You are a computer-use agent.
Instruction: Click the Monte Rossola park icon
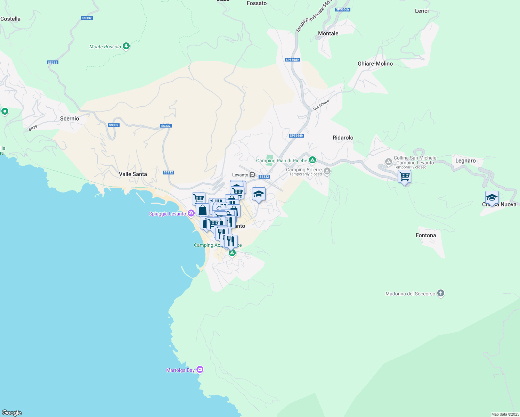tap(126, 46)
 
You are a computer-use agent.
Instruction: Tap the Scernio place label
tap(70, 118)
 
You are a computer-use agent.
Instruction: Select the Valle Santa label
tap(133, 174)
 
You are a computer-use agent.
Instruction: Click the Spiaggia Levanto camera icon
tap(191, 213)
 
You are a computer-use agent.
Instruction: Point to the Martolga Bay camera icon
tap(200, 370)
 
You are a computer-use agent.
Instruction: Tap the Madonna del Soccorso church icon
tap(441, 293)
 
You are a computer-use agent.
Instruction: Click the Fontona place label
tap(426, 235)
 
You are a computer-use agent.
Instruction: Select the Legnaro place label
tap(465, 161)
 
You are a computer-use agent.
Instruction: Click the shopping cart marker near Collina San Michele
tap(405, 177)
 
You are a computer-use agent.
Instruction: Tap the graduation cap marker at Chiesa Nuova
tap(492, 197)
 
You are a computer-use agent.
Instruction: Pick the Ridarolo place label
tap(343, 138)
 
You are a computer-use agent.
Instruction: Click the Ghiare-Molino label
tap(375, 64)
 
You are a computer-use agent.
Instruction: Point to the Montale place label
tap(328, 33)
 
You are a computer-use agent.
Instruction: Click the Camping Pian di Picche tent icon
tap(312, 160)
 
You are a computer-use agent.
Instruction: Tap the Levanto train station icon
tap(252, 175)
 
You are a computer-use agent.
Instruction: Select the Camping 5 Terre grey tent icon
tap(327, 171)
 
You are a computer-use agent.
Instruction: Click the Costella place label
tap(10, 19)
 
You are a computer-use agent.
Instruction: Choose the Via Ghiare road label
tap(321, 105)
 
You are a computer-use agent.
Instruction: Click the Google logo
tap(12, 413)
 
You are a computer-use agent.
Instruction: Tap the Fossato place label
tap(257, 3)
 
